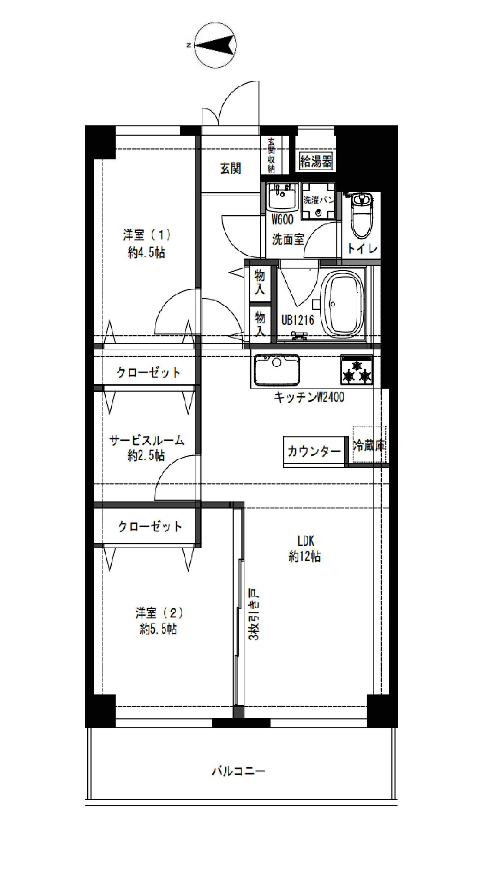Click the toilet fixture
(x=362, y=215)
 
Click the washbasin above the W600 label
(x=283, y=197)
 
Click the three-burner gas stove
(x=356, y=370)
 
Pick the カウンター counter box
(x=314, y=451)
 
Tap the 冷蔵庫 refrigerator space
(x=369, y=445)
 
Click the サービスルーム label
(x=147, y=440)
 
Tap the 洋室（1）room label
(x=147, y=235)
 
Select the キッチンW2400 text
(x=309, y=397)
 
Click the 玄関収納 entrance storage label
(x=271, y=155)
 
